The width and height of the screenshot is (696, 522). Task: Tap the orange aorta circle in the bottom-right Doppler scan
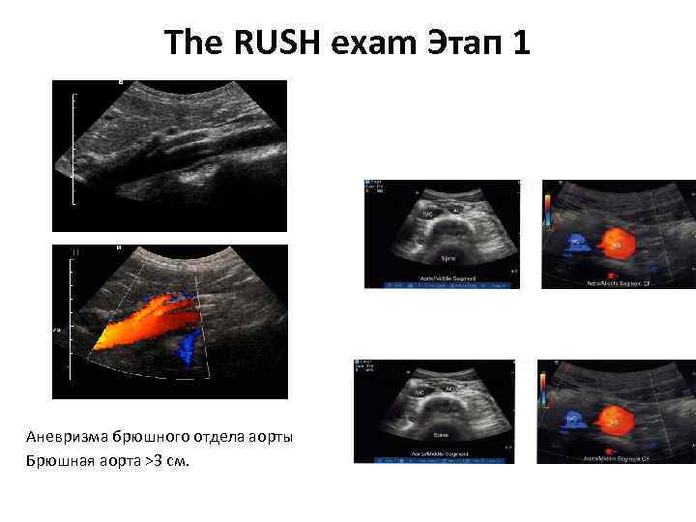(611, 420)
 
